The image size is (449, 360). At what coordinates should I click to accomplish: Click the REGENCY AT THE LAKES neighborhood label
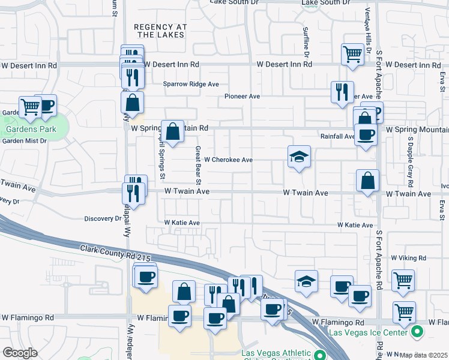pyautogui.click(x=160, y=32)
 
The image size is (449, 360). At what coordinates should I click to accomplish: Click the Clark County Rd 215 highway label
pyautogui.click(x=115, y=252)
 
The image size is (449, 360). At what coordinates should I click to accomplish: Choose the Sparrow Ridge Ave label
pyautogui.click(x=191, y=85)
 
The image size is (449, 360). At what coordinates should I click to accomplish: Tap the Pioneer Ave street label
pyautogui.click(x=242, y=96)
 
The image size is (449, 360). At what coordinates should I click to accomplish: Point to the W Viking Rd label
pyautogui.click(x=408, y=257)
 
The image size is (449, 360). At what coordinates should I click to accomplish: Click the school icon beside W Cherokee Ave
pyautogui.click(x=299, y=157)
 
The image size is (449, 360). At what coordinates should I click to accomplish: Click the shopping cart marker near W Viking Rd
pyautogui.click(x=403, y=280)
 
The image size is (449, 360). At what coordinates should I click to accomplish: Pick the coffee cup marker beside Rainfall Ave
pyautogui.click(x=366, y=134)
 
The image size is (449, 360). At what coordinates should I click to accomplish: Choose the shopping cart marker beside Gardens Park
pyautogui.click(x=30, y=107)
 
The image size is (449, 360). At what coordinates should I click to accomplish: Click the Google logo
pyautogui.click(x=20, y=353)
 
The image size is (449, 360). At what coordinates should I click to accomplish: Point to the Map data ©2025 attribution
pyautogui.click(x=424, y=355)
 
